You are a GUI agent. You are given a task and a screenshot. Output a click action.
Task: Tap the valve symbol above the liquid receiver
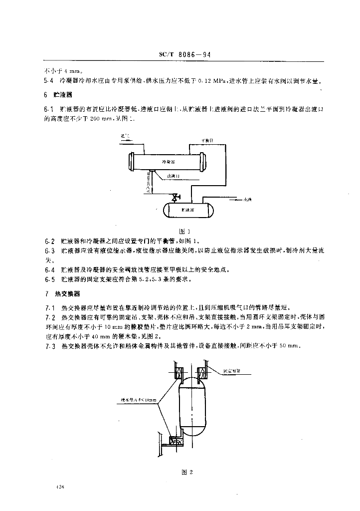click(175, 198)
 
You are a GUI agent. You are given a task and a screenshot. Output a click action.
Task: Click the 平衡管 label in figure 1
click(207, 141)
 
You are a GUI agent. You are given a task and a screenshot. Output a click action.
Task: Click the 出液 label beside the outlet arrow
click(247, 200)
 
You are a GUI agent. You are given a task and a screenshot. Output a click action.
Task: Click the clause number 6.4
click(49, 270)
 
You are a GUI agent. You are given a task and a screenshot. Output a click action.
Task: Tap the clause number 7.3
click(49, 345)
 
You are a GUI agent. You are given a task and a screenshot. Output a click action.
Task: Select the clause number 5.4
click(49, 81)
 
